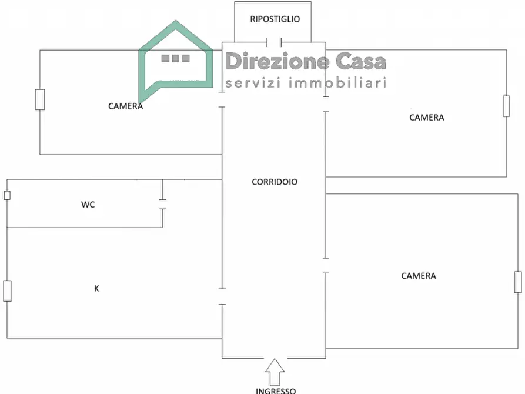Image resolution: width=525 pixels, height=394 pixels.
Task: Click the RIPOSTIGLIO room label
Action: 275,19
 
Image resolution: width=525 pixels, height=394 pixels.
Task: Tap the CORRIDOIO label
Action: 275,182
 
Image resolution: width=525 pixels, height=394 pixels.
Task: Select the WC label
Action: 88,205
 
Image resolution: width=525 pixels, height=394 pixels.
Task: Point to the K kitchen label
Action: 96,289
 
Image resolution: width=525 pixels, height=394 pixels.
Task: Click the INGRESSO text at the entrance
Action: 276,390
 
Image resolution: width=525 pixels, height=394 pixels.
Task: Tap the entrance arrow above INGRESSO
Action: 275,372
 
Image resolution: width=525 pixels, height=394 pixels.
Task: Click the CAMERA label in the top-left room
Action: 126,106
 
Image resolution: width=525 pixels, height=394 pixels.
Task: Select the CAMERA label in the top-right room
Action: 427,118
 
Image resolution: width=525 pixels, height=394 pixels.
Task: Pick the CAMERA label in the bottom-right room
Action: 419,276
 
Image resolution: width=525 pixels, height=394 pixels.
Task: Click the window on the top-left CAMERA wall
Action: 40,99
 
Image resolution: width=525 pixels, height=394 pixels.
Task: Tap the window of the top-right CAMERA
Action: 507,106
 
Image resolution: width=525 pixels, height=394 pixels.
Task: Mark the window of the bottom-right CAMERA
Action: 518,282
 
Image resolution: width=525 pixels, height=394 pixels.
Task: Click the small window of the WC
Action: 7,195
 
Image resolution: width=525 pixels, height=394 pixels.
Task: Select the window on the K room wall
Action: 8,291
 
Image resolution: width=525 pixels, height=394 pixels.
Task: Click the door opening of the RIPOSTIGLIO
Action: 274,42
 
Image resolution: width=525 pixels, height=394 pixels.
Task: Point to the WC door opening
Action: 162,205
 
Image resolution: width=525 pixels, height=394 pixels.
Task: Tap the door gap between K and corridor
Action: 222,297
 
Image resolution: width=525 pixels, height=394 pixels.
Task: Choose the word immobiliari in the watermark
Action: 337,82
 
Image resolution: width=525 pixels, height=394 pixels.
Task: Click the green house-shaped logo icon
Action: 176,62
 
